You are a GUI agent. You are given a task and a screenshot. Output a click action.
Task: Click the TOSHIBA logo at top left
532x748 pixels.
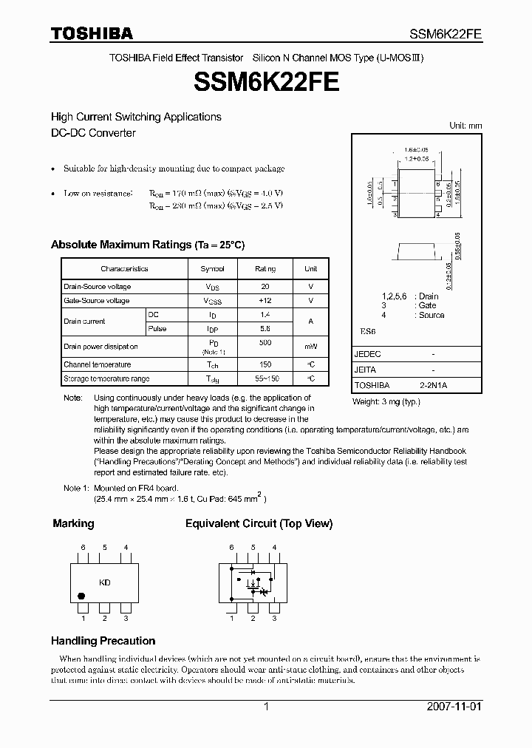(92, 33)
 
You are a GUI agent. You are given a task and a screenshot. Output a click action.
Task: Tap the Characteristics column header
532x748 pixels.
(124, 269)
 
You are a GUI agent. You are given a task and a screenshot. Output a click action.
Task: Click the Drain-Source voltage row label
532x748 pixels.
(98, 287)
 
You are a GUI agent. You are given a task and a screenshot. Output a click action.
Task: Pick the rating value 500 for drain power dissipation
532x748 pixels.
(265, 343)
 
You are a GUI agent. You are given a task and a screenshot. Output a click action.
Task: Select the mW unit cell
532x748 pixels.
(311, 347)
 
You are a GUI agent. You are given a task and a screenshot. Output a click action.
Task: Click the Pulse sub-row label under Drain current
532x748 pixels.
(157, 329)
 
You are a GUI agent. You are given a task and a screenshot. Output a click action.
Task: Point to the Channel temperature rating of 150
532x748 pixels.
(265, 364)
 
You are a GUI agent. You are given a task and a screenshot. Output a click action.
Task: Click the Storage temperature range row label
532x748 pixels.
(106, 379)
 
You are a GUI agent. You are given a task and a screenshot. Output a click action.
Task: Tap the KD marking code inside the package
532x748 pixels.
(105, 582)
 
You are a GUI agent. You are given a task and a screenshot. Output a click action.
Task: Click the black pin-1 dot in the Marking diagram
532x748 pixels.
(81, 596)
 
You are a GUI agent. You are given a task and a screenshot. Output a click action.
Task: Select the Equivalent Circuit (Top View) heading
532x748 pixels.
(259, 523)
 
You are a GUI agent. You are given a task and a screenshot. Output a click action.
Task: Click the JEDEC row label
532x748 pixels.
(367, 354)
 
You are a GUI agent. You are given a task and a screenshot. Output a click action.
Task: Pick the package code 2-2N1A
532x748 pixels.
(433, 386)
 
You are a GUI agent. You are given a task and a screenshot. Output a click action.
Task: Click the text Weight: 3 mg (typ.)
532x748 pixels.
(386, 402)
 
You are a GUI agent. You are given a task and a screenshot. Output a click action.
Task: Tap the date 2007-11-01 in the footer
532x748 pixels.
(454, 707)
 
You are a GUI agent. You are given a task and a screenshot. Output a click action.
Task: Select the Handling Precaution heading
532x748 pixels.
(103, 641)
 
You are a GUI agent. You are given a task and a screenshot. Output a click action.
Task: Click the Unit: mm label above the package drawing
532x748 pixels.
(465, 126)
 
